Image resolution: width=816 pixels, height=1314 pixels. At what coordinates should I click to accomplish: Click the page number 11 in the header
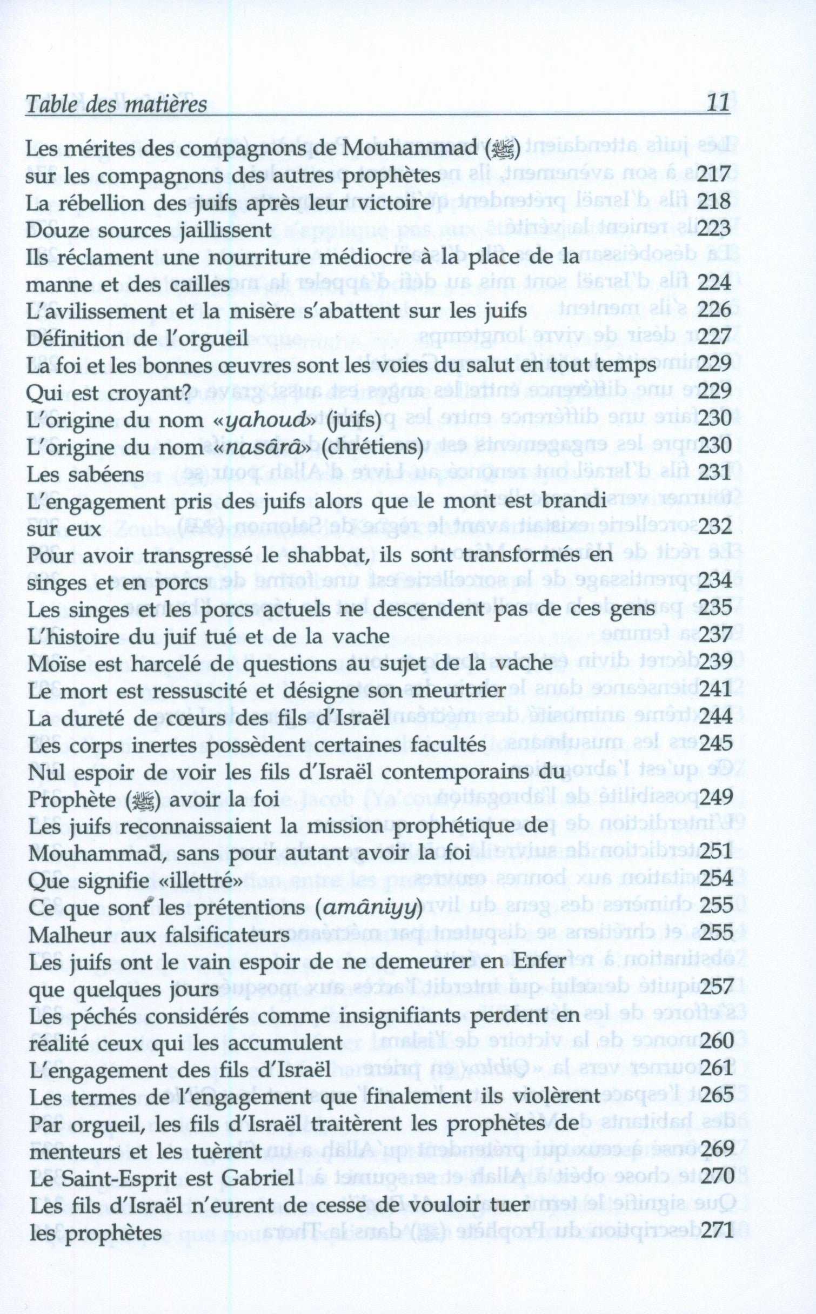tap(718, 102)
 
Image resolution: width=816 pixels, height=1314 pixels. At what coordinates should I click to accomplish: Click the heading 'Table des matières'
tap(116, 104)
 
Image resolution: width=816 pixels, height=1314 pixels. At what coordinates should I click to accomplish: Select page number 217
tap(714, 176)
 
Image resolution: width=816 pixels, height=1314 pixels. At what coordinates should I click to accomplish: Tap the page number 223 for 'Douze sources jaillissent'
tap(714, 230)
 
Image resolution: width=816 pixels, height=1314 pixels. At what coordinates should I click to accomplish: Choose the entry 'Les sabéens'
tap(85, 474)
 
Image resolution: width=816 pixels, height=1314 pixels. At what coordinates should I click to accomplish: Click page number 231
tap(714, 474)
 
